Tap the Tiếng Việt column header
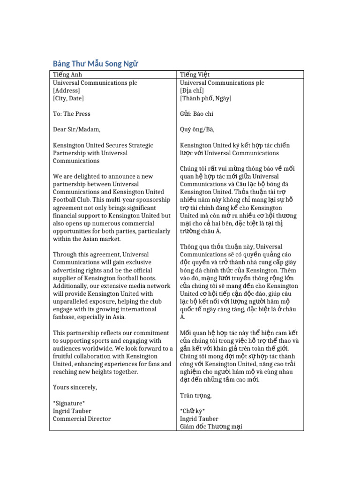pyautogui.click(x=195, y=75)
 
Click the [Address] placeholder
pyautogui.click(x=67, y=90)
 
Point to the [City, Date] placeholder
pyautogui.click(x=68, y=98)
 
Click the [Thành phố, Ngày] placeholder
pyautogui.click(x=205, y=98)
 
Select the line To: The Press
pyautogui.click(x=72, y=114)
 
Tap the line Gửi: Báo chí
pyautogui.click(x=197, y=114)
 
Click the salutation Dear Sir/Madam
pyautogui.click(x=76, y=129)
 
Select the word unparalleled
pyautogui.click(x=74, y=294)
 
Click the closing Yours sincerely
pyautogui.click(x=75, y=387)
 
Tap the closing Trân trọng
pyautogui.click(x=195, y=395)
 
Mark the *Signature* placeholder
pyautogui.click(x=69, y=403)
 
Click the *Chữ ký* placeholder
pyautogui.click(x=192, y=411)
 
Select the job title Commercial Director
pyautogui.click(x=82, y=419)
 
